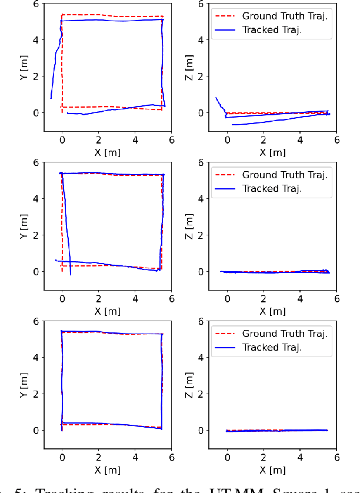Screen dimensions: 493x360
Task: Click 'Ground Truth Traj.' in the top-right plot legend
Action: click(285, 16)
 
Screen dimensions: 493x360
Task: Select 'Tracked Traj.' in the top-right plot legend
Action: click(272, 30)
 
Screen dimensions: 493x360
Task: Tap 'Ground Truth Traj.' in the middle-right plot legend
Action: click(285, 175)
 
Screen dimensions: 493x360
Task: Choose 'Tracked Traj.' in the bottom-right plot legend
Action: click(272, 348)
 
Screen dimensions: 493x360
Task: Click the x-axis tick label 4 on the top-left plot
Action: click(135, 140)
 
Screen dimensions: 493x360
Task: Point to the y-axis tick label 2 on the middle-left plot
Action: click(36, 235)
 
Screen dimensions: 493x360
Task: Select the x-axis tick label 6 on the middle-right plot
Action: click(336, 299)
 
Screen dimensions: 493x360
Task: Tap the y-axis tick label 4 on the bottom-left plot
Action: click(36, 358)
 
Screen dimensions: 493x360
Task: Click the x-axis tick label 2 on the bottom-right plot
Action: click(264, 458)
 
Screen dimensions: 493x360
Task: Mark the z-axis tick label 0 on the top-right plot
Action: click(201, 113)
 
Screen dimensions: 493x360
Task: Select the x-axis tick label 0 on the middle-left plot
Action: click(62, 299)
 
